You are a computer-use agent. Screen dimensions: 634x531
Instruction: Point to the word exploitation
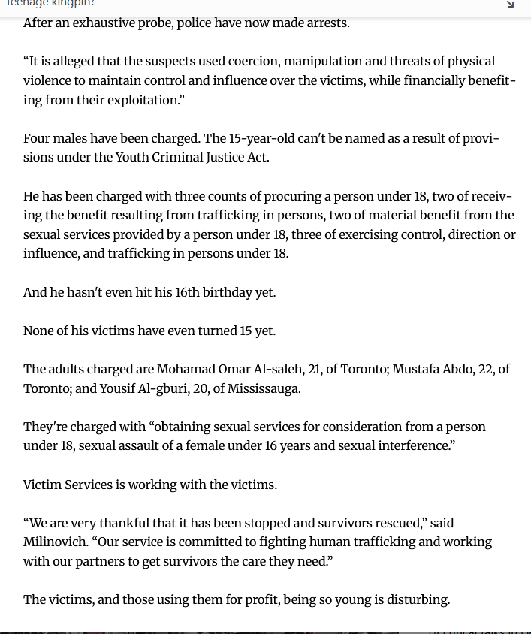coord(143,100)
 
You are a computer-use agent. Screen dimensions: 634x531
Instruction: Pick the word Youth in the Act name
coord(134,158)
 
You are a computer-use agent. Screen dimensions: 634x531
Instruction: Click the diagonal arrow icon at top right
coord(510,4)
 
